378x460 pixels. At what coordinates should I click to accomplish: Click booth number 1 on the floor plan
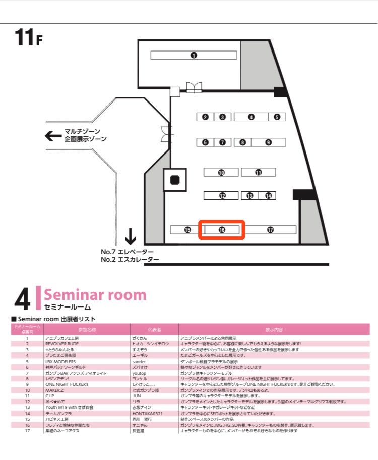pyautogui.click(x=194, y=56)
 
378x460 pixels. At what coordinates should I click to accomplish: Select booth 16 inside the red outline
pyautogui.click(x=222, y=230)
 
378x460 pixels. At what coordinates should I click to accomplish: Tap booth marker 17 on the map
pyautogui.click(x=271, y=230)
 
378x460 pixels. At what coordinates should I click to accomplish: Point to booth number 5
pyautogui.click(x=277, y=117)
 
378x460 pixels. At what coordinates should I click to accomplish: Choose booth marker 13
pyautogui.click(x=250, y=196)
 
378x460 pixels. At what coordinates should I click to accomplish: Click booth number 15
pyautogui.click(x=187, y=230)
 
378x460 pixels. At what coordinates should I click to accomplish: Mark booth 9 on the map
pyautogui.click(x=269, y=142)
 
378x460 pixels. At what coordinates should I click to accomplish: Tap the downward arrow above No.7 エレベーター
pyautogui.click(x=131, y=236)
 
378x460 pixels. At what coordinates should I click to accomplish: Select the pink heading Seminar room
pyautogui.click(x=95, y=295)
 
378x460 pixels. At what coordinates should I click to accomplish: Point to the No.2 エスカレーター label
pyautogui.click(x=130, y=260)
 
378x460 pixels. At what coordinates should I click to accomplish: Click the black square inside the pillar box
pyautogui.click(x=175, y=180)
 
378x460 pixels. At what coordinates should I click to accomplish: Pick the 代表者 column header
pyautogui.click(x=154, y=329)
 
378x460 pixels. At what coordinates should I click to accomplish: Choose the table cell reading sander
pyautogui.click(x=139, y=362)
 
